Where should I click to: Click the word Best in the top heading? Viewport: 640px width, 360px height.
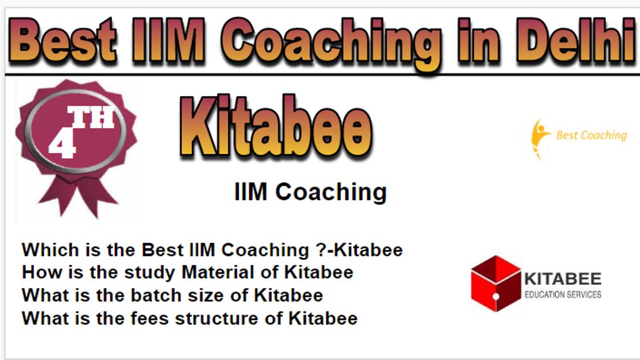(x=63, y=40)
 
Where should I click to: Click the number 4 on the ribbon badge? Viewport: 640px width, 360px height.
(x=62, y=145)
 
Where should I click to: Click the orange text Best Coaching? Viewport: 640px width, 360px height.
(x=592, y=135)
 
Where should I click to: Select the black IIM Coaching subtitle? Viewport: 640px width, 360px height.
(x=310, y=192)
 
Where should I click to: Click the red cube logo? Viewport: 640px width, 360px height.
(x=496, y=283)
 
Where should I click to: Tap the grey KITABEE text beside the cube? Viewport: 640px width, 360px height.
(x=563, y=279)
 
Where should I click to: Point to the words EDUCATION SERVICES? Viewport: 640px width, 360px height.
(x=563, y=294)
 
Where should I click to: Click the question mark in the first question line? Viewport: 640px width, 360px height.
(x=321, y=250)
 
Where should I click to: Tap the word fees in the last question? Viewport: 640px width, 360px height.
(x=150, y=318)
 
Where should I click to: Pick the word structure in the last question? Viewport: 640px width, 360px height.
(x=216, y=318)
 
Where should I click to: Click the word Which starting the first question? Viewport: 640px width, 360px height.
(x=50, y=250)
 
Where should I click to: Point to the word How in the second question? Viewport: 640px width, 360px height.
(x=42, y=272)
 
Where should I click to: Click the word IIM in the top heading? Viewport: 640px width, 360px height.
(x=168, y=40)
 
